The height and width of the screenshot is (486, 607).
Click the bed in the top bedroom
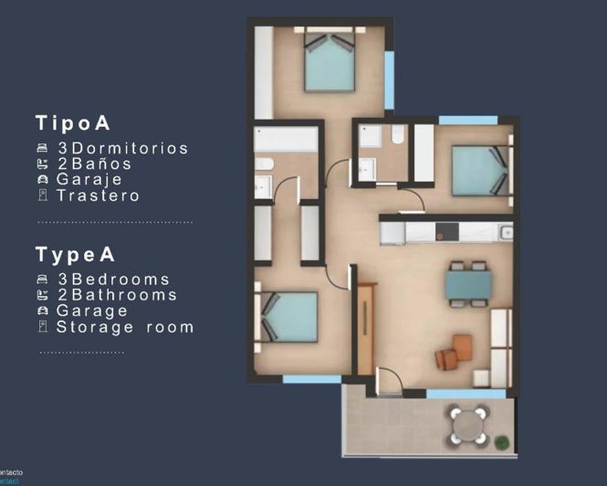click(x=329, y=64)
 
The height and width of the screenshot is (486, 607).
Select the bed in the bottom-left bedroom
click(x=289, y=316)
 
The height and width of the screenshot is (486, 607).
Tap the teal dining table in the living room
click(x=468, y=284)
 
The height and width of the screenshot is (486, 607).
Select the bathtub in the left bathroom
click(x=286, y=140)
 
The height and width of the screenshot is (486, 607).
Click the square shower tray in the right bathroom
click(x=372, y=137)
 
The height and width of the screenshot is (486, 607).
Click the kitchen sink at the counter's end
click(x=506, y=232)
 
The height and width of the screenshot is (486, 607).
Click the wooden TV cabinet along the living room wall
click(x=367, y=329)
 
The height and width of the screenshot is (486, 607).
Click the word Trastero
click(x=98, y=195)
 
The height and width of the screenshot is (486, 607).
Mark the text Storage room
click(x=125, y=326)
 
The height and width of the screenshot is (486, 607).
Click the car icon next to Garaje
click(x=42, y=180)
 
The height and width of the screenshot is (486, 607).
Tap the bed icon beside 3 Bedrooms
click(x=42, y=280)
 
